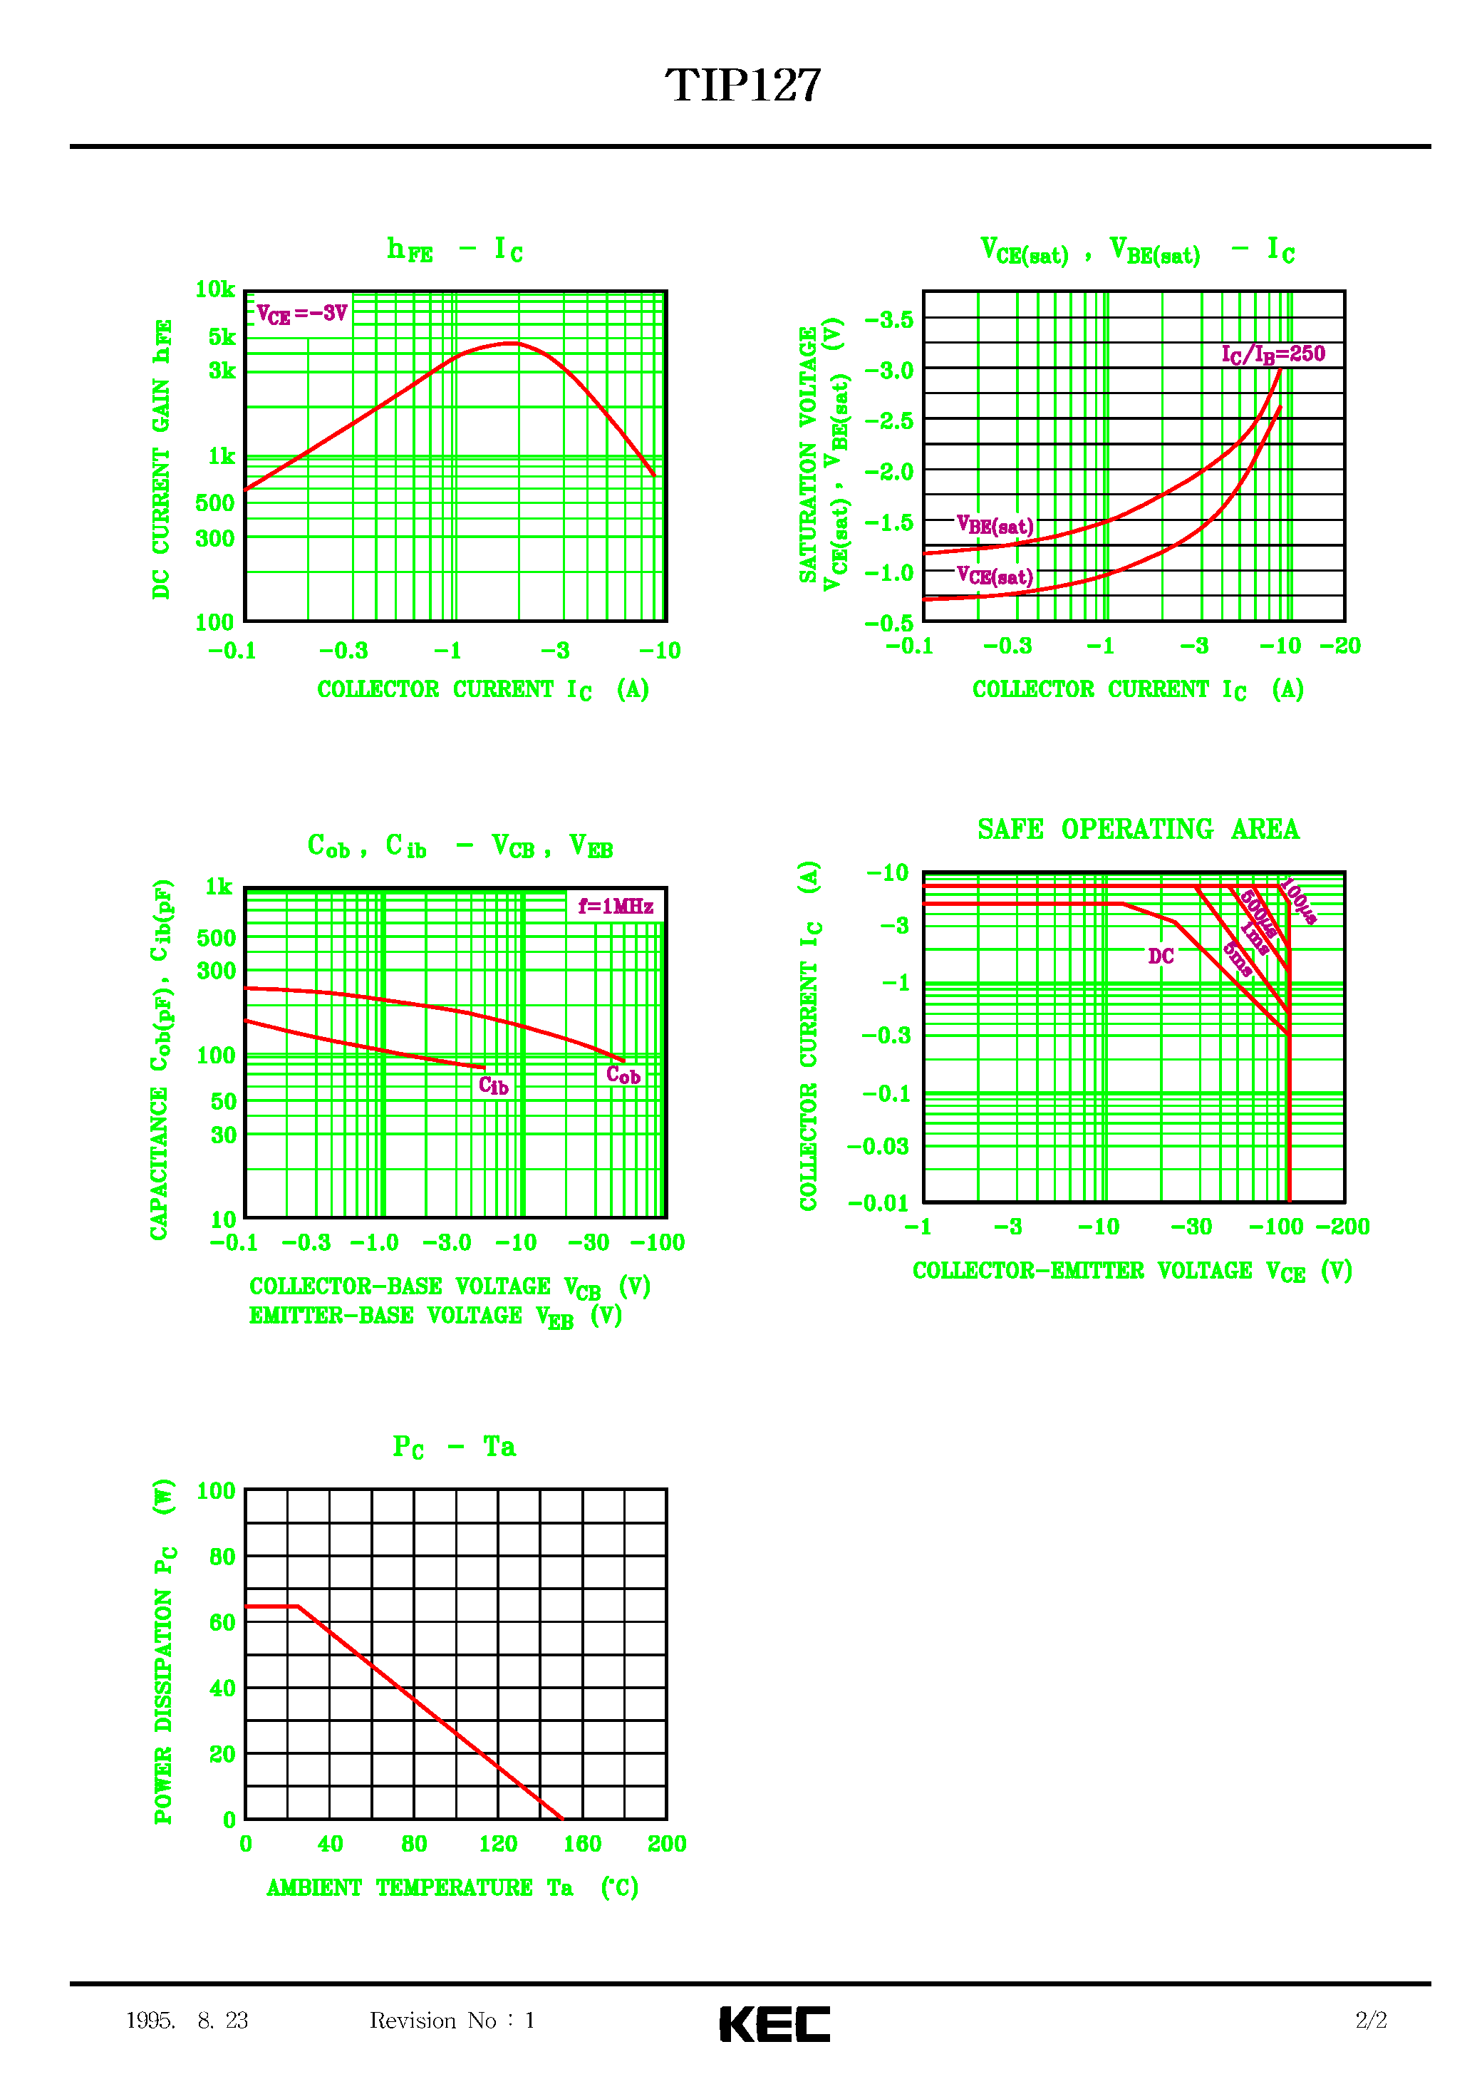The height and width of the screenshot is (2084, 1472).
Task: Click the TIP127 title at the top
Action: (x=742, y=86)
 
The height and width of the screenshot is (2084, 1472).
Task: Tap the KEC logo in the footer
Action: (x=774, y=2023)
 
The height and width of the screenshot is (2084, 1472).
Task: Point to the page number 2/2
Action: (x=1370, y=2021)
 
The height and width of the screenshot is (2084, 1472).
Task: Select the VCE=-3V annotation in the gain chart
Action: (x=301, y=314)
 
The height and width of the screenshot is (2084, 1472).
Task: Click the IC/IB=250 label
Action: (x=1273, y=354)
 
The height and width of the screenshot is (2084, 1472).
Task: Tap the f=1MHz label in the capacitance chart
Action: (x=616, y=906)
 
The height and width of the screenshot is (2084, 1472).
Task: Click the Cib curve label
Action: (x=494, y=1085)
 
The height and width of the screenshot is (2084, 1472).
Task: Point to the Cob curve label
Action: (x=623, y=1075)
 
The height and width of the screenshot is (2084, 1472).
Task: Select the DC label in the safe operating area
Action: (x=1161, y=956)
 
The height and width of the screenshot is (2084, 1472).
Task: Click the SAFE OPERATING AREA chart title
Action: (x=1138, y=830)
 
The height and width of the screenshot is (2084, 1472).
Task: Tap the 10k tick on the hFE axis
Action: (x=215, y=289)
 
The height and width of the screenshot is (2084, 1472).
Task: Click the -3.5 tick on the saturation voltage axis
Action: (x=888, y=319)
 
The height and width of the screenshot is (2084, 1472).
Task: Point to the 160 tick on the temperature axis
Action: (x=581, y=1844)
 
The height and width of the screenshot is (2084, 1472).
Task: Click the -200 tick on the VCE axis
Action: (x=1342, y=1227)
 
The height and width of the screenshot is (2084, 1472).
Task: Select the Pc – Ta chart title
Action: (x=454, y=1447)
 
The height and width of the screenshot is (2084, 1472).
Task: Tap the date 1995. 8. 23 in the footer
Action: (x=187, y=2021)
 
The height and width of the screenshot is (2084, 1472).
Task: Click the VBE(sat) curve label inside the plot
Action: (x=995, y=525)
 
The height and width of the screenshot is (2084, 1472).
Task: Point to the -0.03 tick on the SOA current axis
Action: (x=878, y=1146)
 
